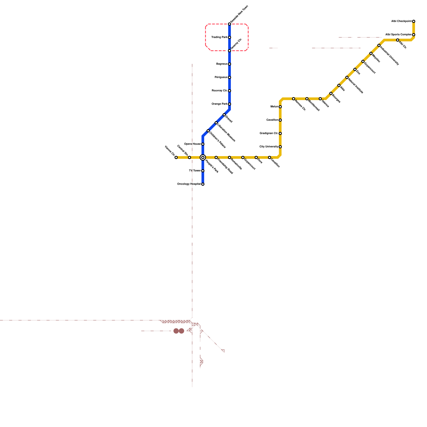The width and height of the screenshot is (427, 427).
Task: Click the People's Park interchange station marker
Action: tap(203, 157)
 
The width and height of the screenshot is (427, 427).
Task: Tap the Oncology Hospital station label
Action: tap(189, 184)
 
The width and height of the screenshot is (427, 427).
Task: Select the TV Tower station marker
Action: tap(203, 171)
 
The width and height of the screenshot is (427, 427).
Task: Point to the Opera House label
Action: tap(192, 144)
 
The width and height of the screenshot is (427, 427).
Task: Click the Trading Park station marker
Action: tap(230, 37)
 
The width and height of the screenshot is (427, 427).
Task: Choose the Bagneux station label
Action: tap(222, 64)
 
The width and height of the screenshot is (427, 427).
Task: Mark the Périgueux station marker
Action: tap(230, 77)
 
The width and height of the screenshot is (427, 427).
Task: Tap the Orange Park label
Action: tap(219, 104)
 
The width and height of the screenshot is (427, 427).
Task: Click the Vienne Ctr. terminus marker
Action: tap(176, 157)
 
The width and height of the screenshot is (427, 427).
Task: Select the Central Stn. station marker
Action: tap(189, 157)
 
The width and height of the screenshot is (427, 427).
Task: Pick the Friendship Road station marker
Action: tap(216, 157)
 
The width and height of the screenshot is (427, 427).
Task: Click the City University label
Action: tap(268, 147)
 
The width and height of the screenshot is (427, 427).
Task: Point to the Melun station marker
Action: tap(280, 107)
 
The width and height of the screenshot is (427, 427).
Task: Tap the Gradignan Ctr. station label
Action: tap(269, 133)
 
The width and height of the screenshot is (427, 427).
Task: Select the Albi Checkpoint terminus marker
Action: tap(414, 21)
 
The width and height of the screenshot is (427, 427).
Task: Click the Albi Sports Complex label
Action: tap(398, 35)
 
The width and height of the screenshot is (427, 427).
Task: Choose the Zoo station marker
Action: tap(355, 69)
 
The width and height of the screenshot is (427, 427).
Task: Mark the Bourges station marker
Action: tap(331, 93)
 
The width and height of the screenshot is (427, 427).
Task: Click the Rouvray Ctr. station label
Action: tap(219, 91)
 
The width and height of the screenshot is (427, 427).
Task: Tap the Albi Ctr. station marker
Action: tap(398, 40)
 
